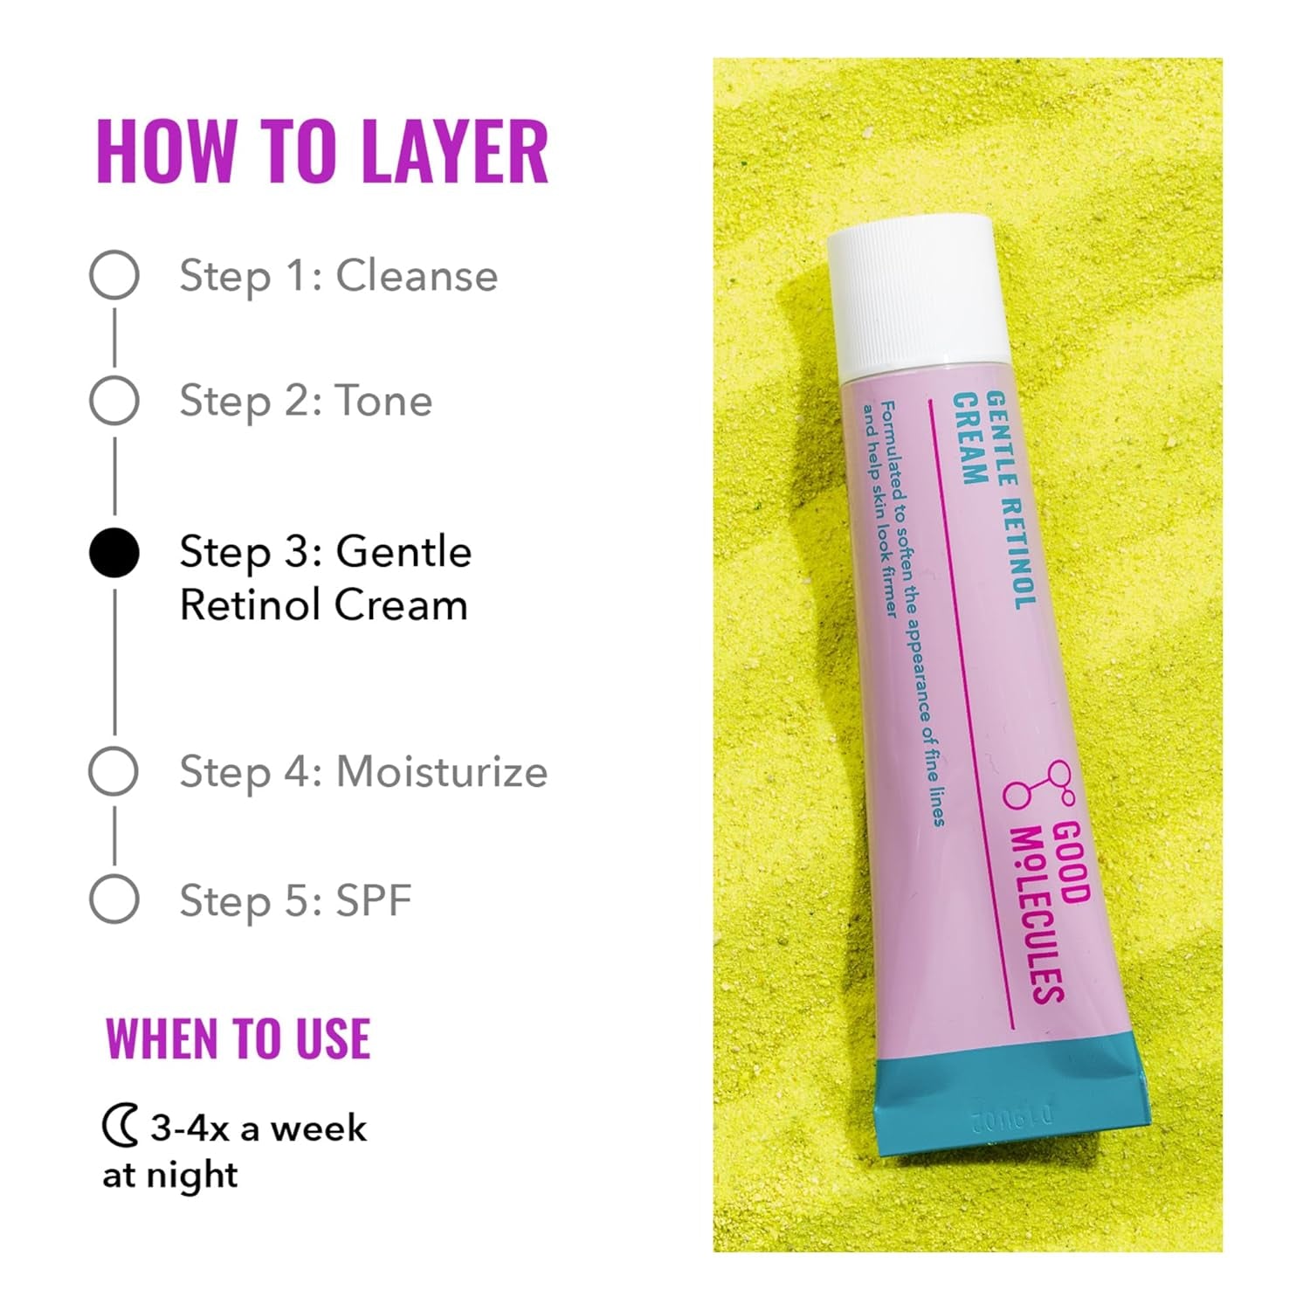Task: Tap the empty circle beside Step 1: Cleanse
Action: coord(114,275)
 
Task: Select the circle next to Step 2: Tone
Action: coord(114,401)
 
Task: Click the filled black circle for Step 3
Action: coord(114,553)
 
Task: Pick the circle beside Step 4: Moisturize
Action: coord(114,771)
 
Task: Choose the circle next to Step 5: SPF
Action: coord(114,899)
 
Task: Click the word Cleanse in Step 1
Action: coord(417,276)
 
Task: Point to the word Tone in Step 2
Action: coord(384,401)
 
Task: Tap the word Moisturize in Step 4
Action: coord(442,772)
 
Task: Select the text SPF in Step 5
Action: coord(374,900)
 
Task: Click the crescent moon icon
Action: coord(120,1127)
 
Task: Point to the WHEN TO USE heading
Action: coord(238,1038)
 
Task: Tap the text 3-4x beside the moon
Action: coord(190,1128)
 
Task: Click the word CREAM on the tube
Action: coord(968,438)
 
